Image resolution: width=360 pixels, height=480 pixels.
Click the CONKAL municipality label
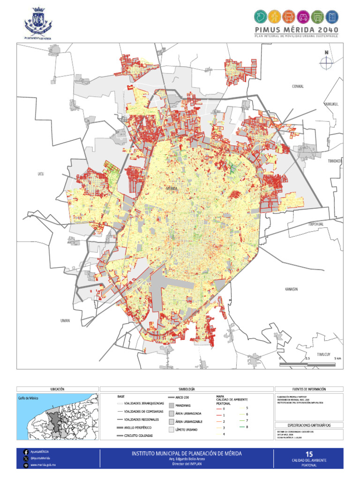(298, 86)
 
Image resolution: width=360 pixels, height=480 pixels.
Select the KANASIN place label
(291, 289)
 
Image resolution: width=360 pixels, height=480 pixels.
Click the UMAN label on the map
(65, 321)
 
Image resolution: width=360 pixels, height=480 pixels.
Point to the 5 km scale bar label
(337, 358)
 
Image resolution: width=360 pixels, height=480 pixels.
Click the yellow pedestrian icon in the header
(275, 17)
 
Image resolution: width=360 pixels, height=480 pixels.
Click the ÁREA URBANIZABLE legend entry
(185, 421)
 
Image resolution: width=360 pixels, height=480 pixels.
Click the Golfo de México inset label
(29, 398)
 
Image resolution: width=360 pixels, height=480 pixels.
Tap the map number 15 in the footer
(308, 454)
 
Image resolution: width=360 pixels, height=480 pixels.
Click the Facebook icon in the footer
(25, 451)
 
